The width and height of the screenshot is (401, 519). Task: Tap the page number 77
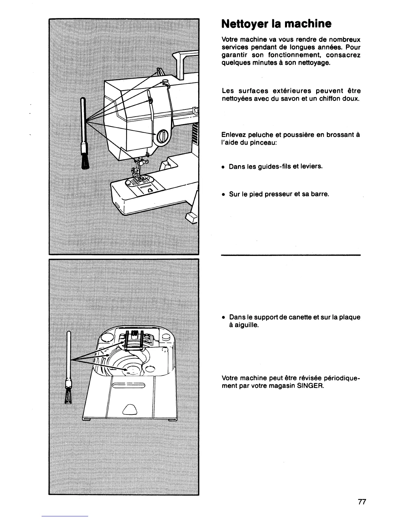[x=362, y=502]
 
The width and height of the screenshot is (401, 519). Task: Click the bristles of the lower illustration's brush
[x=69, y=397]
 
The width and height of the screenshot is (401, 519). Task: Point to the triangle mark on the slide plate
[x=129, y=410]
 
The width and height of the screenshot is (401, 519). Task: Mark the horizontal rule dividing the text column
[x=291, y=255]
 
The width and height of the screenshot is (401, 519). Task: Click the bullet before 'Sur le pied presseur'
[x=223, y=194]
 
